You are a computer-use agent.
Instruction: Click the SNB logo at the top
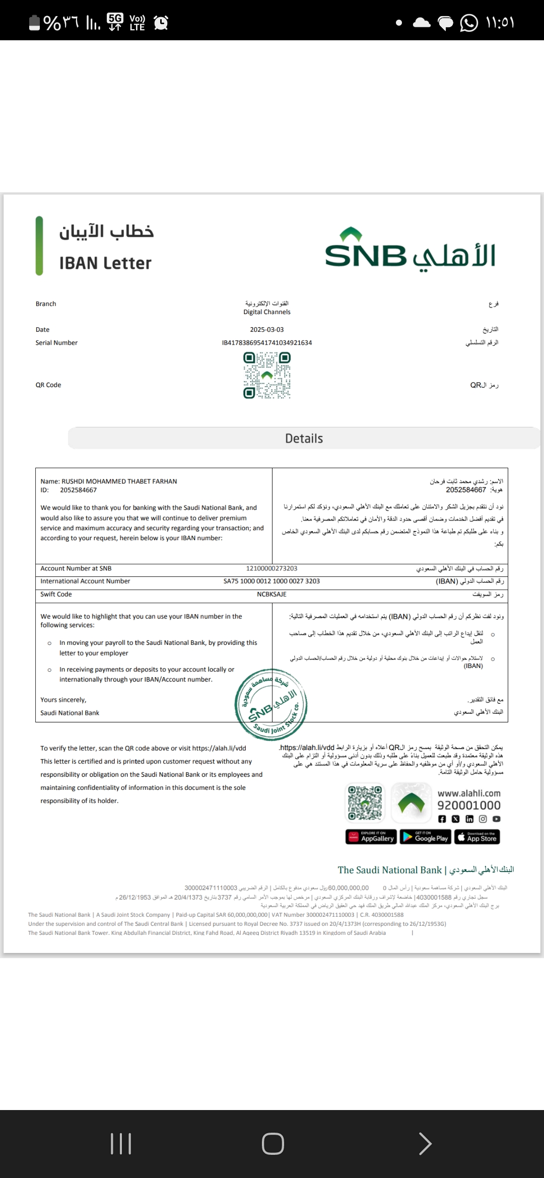(410, 250)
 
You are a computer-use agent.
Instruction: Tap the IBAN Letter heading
(105, 263)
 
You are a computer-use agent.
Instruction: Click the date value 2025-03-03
(266, 330)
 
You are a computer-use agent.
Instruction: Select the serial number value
(266, 343)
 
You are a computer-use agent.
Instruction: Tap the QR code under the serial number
(267, 376)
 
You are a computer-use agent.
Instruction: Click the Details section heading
(304, 438)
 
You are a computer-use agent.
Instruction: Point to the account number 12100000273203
(271, 568)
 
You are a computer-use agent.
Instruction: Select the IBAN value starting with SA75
(271, 581)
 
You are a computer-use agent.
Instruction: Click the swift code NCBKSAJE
(271, 594)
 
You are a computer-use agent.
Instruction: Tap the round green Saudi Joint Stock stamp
(271, 705)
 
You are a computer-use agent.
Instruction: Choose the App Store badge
(477, 837)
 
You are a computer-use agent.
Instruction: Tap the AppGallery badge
(371, 837)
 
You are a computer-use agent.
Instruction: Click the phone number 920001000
(469, 805)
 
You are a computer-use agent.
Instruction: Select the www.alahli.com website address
(469, 793)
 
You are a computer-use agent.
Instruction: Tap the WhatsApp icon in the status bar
(469, 23)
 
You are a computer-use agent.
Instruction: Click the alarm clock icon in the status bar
(161, 23)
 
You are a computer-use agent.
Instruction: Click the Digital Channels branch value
(266, 312)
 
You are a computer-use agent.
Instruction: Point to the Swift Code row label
(56, 594)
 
